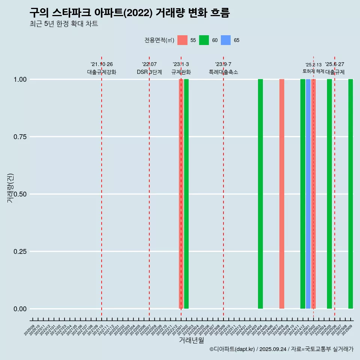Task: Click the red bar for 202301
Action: (x=181, y=194)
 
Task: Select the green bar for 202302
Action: (x=186, y=194)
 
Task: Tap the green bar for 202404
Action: (x=260, y=194)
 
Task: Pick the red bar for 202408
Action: (x=282, y=194)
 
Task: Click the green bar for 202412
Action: (x=303, y=194)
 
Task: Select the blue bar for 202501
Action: (x=308, y=194)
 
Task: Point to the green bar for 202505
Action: (x=329, y=194)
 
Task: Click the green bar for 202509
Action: (x=351, y=194)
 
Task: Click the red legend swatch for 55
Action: (x=182, y=40)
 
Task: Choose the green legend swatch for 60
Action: (x=204, y=40)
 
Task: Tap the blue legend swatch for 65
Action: (x=226, y=40)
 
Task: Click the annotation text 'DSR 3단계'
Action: (x=149, y=72)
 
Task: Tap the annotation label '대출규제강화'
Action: (x=102, y=72)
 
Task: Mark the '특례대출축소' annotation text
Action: (x=223, y=72)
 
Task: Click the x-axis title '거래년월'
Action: (x=192, y=340)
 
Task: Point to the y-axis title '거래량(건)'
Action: (x=10, y=188)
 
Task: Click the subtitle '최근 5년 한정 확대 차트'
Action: (x=64, y=24)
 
